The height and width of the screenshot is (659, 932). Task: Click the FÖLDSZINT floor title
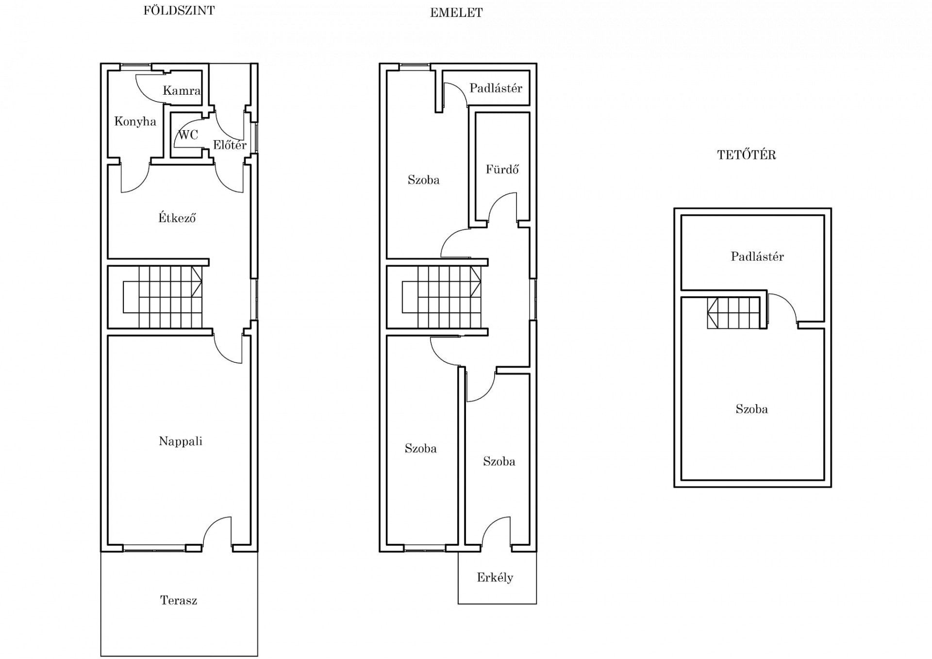click(179, 10)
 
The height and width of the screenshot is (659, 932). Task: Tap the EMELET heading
click(456, 13)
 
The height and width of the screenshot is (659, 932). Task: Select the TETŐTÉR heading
click(747, 154)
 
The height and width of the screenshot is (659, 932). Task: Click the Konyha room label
click(135, 121)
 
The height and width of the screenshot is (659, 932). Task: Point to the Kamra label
click(182, 90)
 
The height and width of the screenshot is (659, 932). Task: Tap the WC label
click(188, 135)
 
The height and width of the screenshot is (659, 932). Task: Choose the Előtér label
click(230, 144)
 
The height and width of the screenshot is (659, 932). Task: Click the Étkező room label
click(177, 218)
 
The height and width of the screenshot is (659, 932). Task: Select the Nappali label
click(181, 441)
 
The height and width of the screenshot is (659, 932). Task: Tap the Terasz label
click(179, 600)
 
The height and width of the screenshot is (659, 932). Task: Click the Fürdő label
click(502, 169)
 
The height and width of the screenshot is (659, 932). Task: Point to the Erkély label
click(495, 577)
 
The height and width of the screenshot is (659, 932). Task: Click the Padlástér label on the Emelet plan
click(496, 88)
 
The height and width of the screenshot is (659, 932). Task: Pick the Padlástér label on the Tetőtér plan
click(757, 256)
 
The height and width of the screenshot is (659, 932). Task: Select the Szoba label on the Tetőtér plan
click(751, 409)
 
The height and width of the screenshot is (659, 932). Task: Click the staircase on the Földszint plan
click(163, 297)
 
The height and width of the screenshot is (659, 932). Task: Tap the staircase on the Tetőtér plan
click(733, 313)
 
